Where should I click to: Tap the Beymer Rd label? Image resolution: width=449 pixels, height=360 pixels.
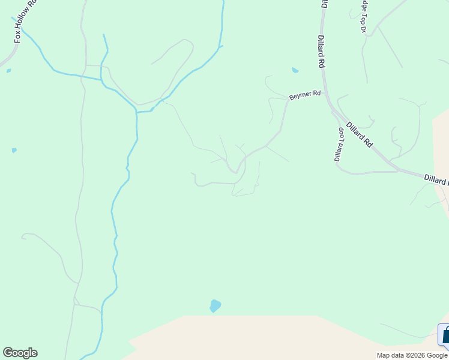pyautogui.click(x=305, y=95)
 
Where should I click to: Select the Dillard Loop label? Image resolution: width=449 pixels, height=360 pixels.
pyautogui.click(x=339, y=144)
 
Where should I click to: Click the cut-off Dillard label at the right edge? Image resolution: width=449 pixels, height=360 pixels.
pyautogui.click(x=436, y=179)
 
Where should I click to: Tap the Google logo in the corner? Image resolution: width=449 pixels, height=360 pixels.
pyautogui.click(x=20, y=353)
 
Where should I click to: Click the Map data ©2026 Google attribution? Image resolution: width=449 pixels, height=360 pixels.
pyautogui.click(x=412, y=355)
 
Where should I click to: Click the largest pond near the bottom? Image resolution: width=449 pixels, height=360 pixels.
pyautogui.click(x=215, y=306)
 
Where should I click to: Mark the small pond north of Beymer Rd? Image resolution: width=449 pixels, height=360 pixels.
pyautogui.click(x=295, y=70)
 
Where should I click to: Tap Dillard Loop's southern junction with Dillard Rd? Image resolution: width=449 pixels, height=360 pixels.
pyautogui.click(x=397, y=171)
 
